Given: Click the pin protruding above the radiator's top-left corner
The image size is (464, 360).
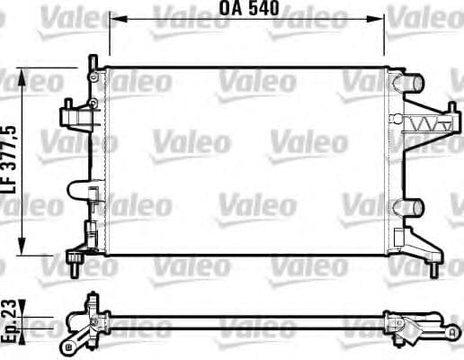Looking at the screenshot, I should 92,60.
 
